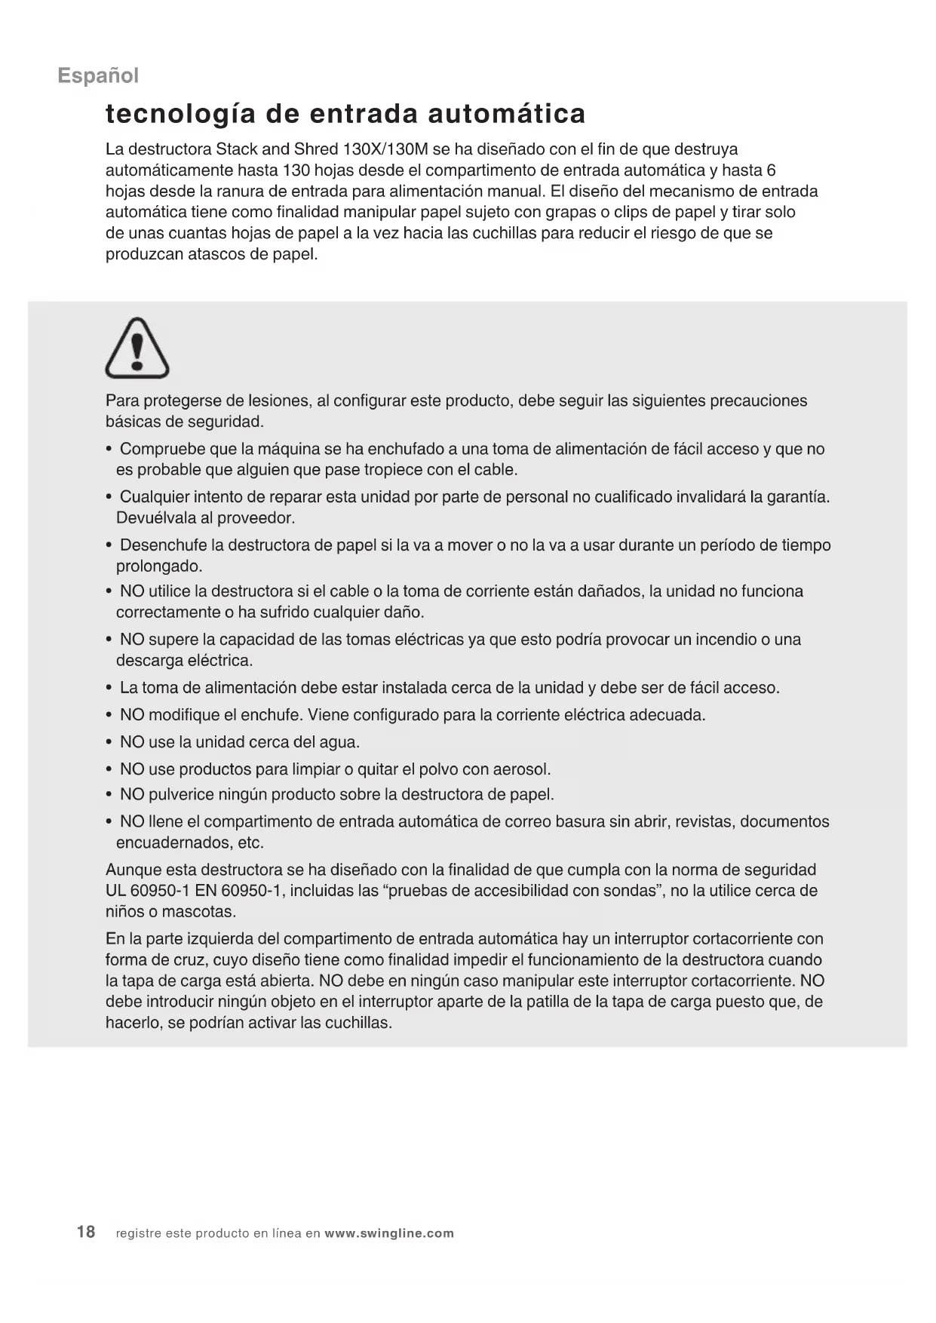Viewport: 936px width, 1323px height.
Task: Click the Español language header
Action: click(x=98, y=75)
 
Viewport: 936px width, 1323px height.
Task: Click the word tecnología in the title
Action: click(x=176, y=114)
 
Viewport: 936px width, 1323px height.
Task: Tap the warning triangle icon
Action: click(x=137, y=348)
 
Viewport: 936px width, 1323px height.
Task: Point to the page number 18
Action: click(x=86, y=1232)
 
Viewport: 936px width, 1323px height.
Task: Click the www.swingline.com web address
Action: click(x=389, y=1233)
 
